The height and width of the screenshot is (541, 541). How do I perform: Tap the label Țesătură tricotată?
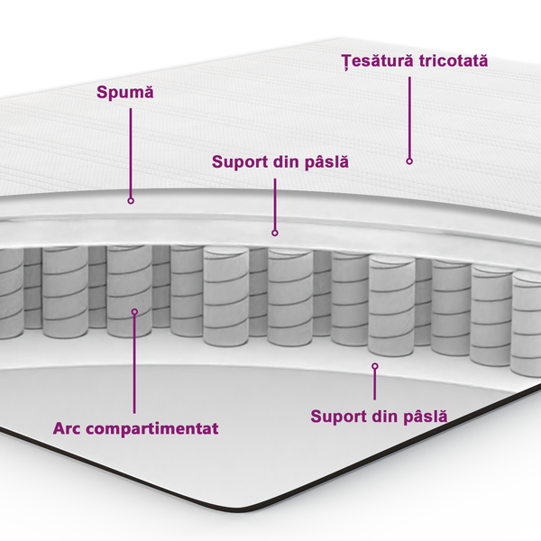pyautogui.click(x=414, y=60)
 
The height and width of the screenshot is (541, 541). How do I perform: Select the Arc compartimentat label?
pyautogui.click(x=135, y=427)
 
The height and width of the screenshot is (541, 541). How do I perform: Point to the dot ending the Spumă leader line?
pyautogui.click(x=131, y=200)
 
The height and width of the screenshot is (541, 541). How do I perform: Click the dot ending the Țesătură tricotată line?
pyautogui.click(x=408, y=161)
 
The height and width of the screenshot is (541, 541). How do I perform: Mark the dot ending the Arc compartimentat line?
pyautogui.click(x=134, y=312)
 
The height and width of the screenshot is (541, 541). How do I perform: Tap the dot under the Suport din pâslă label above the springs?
pyautogui.click(x=275, y=233)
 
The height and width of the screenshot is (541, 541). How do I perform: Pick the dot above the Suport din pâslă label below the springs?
pyautogui.click(x=374, y=366)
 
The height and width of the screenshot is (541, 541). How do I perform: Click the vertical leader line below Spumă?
pyautogui.click(x=131, y=153)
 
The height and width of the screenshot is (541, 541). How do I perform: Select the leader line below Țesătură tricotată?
pyautogui.click(x=408, y=117)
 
